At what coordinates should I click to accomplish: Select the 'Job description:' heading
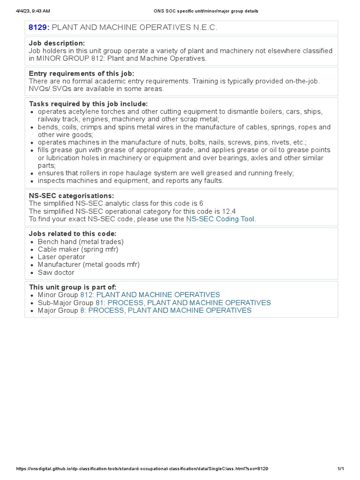(x=57, y=43)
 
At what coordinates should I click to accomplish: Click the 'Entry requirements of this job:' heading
(x=82, y=74)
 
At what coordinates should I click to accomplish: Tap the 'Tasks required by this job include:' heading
(x=88, y=104)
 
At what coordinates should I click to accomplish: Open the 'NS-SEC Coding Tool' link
(x=221, y=219)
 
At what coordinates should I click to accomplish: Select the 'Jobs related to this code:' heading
(x=73, y=234)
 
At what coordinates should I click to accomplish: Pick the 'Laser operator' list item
(x=61, y=257)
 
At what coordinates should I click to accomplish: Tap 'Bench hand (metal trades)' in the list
(x=81, y=242)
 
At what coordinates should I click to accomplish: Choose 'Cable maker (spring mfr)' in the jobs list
(x=78, y=249)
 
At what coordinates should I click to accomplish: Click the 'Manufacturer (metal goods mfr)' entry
(x=89, y=264)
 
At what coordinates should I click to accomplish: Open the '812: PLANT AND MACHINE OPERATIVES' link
(x=150, y=295)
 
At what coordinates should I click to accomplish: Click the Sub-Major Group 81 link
(x=183, y=303)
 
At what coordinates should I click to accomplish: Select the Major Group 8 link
(x=166, y=310)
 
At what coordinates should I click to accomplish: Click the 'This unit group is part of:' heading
(x=73, y=287)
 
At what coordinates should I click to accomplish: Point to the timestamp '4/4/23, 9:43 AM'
(x=33, y=11)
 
